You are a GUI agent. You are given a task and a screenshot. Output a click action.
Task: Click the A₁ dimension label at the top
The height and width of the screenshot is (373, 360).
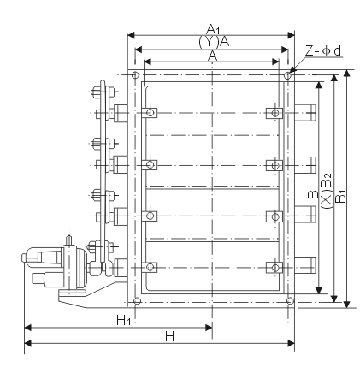coord(213,29)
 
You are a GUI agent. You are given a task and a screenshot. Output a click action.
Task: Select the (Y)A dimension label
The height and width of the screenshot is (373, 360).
coord(214,42)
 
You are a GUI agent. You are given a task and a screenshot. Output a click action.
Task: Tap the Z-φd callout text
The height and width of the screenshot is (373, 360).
coord(323,51)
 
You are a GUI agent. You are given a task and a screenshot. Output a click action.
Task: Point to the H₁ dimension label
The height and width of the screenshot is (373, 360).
coord(123,320)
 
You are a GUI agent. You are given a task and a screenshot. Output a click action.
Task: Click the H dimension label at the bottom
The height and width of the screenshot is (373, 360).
coord(169,337)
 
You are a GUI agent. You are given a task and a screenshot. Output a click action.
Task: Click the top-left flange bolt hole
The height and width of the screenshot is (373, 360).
coord(135,75)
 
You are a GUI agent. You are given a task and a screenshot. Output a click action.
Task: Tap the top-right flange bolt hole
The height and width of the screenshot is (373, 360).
coord(287,75)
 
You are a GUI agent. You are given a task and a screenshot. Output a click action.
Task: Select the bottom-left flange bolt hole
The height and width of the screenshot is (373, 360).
coord(138,300)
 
